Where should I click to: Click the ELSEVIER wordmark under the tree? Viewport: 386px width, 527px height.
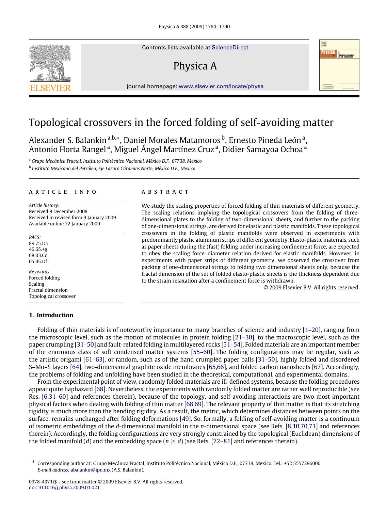pos(51,88)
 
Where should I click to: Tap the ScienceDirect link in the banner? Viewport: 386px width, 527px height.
pos(230,48)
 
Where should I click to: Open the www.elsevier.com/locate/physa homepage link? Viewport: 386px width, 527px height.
pos(221,86)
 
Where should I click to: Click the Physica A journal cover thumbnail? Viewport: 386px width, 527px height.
pos(339,65)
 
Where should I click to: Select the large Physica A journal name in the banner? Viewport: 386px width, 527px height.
pos(195,66)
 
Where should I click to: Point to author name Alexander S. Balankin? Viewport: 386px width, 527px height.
pos(67,140)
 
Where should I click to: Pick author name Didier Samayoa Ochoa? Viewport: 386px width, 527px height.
pos(262,149)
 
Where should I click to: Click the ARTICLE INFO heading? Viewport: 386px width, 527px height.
pos(63,192)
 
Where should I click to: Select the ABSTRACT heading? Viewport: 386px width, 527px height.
pos(165,192)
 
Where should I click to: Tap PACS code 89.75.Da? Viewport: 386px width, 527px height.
pos(38,243)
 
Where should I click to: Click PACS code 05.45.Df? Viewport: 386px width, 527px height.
pos(38,261)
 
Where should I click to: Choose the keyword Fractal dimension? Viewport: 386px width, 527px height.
pos(48,290)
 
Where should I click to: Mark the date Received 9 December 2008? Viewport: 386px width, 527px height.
pos(58,211)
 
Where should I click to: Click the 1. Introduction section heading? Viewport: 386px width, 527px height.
pos(51,315)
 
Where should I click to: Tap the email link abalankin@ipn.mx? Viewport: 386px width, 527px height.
pos(91,470)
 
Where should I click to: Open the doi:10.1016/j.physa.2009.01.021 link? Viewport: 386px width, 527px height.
pos(64,488)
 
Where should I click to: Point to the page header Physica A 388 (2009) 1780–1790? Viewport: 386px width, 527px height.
pos(194,27)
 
